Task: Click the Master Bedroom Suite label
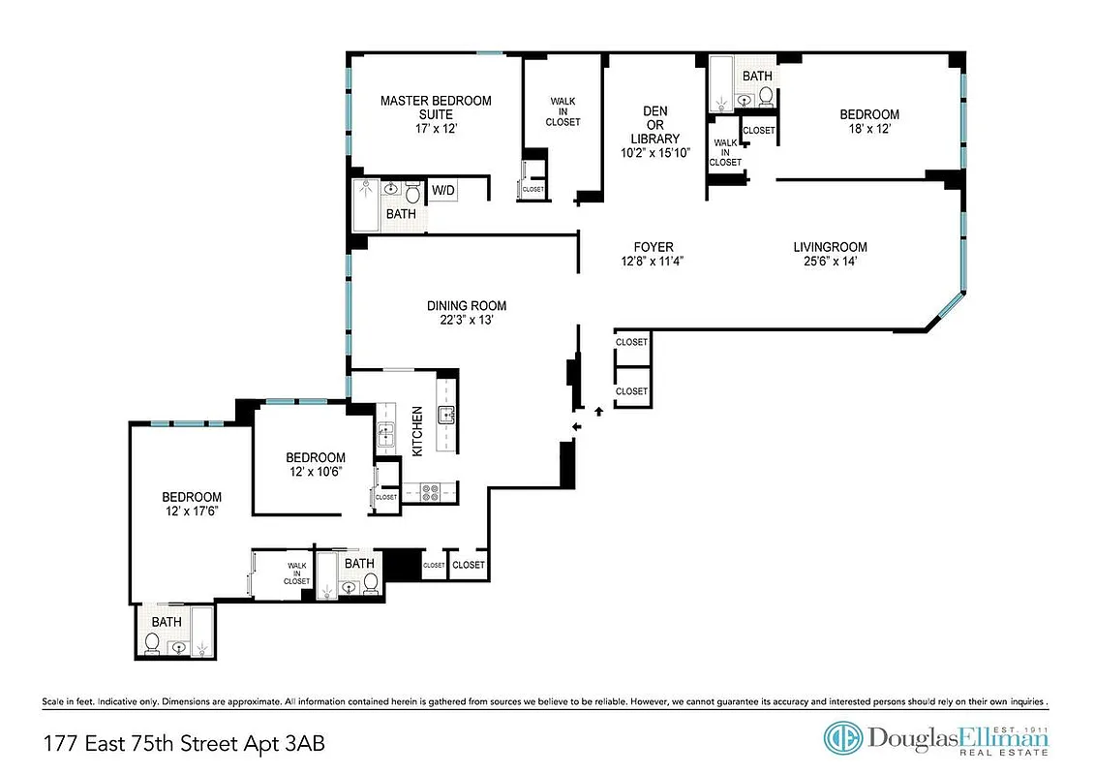[x=435, y=108]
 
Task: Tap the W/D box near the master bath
[x=443, y=191]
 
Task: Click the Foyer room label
[x=654, y=247]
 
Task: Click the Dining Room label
[x=467, y=306]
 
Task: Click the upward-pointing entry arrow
[x=598, y=413]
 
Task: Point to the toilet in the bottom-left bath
[x=152, y=642]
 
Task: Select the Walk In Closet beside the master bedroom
[x=563, y=111]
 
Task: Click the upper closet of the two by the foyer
[x=631, y=342]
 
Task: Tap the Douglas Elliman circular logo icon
[x=842, y=738]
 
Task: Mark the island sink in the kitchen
[x=447, y=418]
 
